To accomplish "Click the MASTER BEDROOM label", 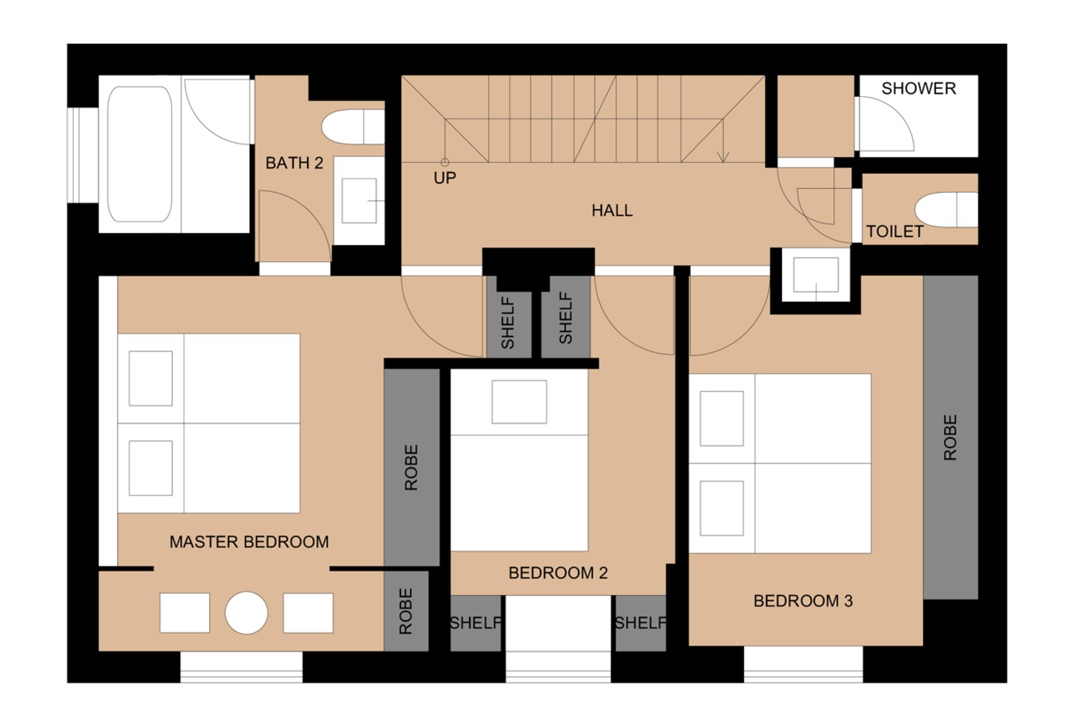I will point(249,542).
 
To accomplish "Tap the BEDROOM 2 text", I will point(557,573).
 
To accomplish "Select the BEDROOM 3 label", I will point(803,601).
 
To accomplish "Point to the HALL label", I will point(612,210).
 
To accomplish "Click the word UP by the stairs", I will point(445,178).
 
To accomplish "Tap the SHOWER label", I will point(918,88).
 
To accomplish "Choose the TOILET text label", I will point(895,232).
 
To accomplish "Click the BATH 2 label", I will point(294,163).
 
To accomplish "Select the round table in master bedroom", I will point(246,613).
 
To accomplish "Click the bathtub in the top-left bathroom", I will point(140,154).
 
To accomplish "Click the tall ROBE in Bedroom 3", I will point(950,437).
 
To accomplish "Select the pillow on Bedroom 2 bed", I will point(519,402).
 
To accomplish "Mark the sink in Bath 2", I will point(359,201).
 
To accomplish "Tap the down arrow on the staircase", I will point(723,155).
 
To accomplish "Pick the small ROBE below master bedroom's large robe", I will point(406,611).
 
